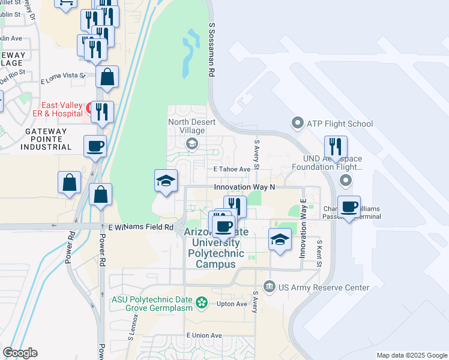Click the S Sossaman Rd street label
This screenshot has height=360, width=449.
pos(212,50)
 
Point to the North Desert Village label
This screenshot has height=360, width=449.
pos(191,125)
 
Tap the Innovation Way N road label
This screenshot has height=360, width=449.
pos(244,187)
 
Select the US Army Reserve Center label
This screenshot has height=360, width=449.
pos(324,287)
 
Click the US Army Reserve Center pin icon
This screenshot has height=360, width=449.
pos(269,287)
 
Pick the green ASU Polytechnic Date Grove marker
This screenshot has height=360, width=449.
pos(203,302)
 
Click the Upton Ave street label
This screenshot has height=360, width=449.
pos(232,304)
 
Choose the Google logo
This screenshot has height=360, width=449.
pos(20,353)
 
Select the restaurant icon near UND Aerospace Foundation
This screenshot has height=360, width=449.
pos(336,147)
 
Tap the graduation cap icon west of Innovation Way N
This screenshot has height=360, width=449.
pos(166,181)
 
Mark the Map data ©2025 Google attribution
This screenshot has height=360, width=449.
pos(411,355)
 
